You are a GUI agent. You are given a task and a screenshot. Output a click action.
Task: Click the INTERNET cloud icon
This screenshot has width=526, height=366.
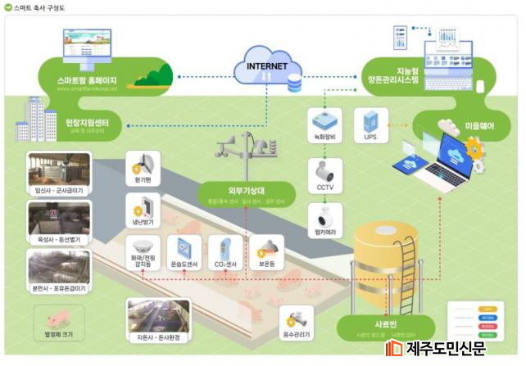point(262,66)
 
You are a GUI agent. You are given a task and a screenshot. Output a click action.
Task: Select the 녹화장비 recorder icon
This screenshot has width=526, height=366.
point(324,120)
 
